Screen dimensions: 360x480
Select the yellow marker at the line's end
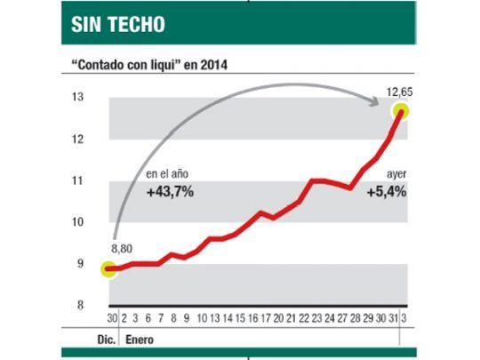pyautogui.click(x=400, y=111)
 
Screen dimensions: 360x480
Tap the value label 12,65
pyautogui.click(x=398, y=91)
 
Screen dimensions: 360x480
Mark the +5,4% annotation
pyautogui.click(x=386, y=191)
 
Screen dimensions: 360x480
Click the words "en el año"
pyautogui.click(x=167, y=174)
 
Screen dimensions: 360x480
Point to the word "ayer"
pyautogui.click(x=394, y=174)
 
